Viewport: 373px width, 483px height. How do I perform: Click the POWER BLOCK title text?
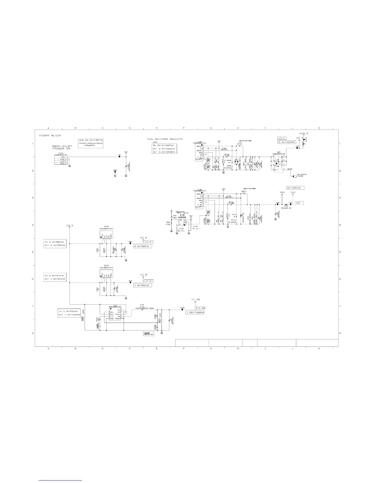pyautogui.click(x=50, y=135)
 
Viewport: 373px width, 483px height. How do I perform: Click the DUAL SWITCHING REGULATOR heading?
pyautogui.click(x=165, y=139)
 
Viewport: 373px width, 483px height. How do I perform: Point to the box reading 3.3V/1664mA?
pyautogui.click(x=286, y=142)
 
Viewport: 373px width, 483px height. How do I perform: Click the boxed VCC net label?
pyautogui.click(x=299, y=203)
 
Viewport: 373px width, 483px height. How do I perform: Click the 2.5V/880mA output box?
pyautogui.click(x=143, y=246)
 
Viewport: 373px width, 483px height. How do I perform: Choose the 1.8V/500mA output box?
pyautogui.click(x=143, y=285)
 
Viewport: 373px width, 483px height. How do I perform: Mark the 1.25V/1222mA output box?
pyautogui.click(x=195, y=313)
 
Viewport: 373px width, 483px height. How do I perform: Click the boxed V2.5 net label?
pyautogui.click(x=148, y=242)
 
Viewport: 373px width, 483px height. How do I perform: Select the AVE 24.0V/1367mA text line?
pyautogui.click(x=90, y=140)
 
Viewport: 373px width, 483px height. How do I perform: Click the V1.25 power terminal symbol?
pyautogui.click(x=195, y=302)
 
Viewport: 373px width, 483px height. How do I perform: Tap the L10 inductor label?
pyautogui.click(x=142, y=304)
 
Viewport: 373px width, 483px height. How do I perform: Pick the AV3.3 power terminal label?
pyautogui.click(x=304, y=134)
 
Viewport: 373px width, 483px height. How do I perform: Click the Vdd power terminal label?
pyautogui.click(x=282, y=192)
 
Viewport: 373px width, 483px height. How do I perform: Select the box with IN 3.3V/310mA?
pyautogui.click(x=55, y=275)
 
